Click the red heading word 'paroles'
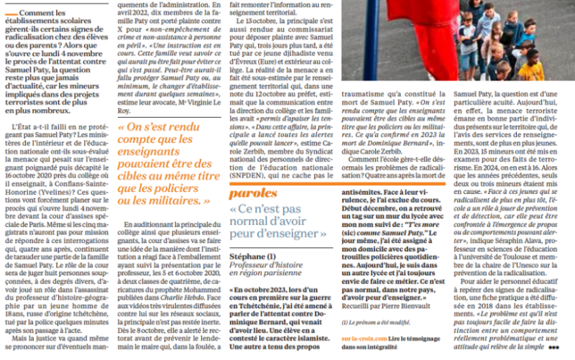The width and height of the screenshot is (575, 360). tap(252, 193)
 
